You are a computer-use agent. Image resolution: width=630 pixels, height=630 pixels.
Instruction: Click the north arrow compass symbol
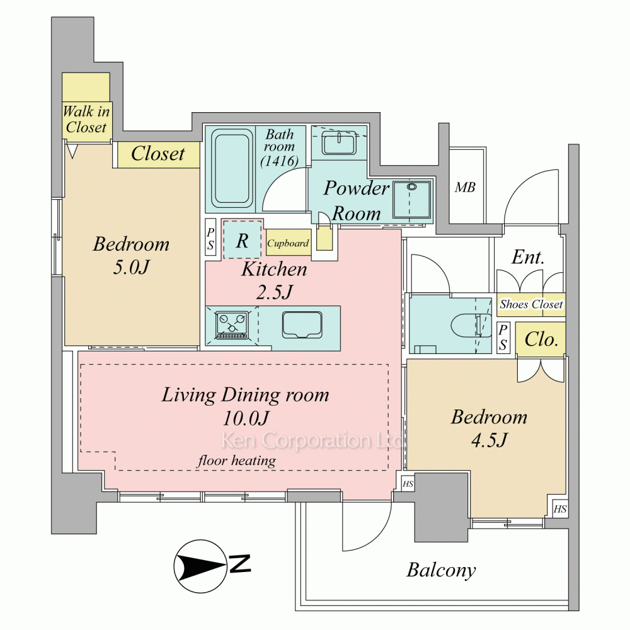coord(200,566)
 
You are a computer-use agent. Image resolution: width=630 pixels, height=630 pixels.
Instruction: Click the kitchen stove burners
coord(231,326)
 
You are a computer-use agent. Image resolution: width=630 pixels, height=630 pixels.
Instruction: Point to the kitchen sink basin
coord(302,325)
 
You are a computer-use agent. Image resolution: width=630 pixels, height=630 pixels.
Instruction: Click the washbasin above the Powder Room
coord(340,142)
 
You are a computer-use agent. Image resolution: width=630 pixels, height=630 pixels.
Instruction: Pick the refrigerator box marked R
coord(243,239)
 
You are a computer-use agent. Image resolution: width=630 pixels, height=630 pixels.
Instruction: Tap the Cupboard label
coord(288,243)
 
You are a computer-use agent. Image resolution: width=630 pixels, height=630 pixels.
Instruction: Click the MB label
coord(466,187)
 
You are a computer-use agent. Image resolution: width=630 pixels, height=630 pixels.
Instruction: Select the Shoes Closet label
coord(530,304)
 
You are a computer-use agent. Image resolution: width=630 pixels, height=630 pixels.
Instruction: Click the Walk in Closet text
coord(86,119)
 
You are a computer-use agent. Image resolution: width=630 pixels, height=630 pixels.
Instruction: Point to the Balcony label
coord(441,570)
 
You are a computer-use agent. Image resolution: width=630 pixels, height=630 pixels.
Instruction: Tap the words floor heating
coord(237,461)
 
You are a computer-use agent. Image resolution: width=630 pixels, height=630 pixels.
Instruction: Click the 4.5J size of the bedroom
coord(489,440)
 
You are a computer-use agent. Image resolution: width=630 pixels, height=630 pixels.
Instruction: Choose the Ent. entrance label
coord(528,257)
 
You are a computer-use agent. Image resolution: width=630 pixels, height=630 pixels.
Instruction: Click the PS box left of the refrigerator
coord(210,238)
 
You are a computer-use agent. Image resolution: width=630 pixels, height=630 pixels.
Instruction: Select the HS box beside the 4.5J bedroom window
coord(560,510)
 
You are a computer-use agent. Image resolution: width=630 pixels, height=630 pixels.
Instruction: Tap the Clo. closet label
coord(541,340)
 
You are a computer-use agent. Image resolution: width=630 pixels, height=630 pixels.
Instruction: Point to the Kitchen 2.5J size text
coord(274,292)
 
